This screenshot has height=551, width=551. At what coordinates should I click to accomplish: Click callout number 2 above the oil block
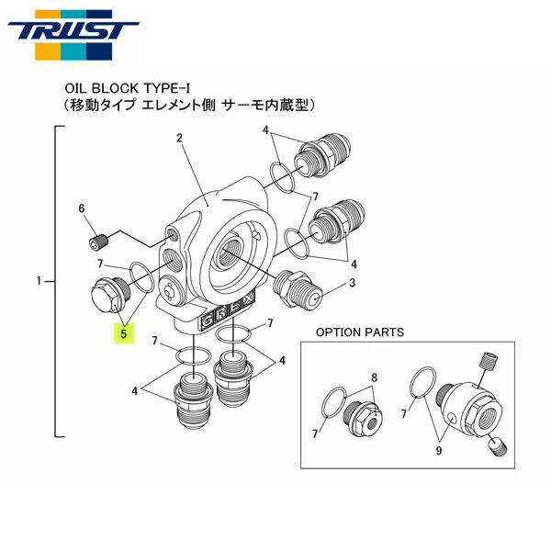[180, 137]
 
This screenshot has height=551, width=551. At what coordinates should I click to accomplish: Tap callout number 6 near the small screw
[82, 209]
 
